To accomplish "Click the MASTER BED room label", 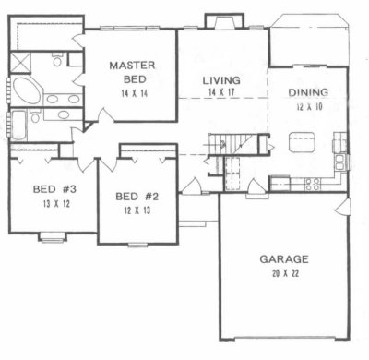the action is pyautogui.click(x=132, y=72).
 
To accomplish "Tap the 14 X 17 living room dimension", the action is pyautogui.click(x=221, y=92).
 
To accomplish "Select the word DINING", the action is pyautogui.click(x=308, y=92).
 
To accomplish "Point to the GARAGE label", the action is pyautogui.click(x=284, y=259).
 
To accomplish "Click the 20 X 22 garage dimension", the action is pyautogui.click(x=285, y=273).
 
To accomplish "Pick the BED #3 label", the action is pyautogui.click(x=54, y=189).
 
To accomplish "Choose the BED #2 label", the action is pyautogui.click(x=137, y=197).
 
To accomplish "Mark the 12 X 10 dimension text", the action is pyautogui.click(x=310, y=107).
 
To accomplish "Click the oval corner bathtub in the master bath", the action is pyautogui.click(x=27, y=90).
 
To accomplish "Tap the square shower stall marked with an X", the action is pyautogui.click(x=20, y=63).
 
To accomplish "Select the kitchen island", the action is pyautogui.click(x=302, y=142).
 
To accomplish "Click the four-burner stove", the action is pyautogui.click(x=313, y=184).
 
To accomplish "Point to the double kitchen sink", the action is pyautogui.click(x=339, y=162).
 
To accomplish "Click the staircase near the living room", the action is pyautogui.click(x=231, y=143).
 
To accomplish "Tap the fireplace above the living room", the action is pyautogui.click(x=225, y=21).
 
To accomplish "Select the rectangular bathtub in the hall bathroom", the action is pyautogui.click(x=18, y=126).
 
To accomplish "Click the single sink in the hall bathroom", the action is pyautogui.click(x=64, y=114).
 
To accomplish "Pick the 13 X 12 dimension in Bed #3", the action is pyautogui.click(x=56, y=204).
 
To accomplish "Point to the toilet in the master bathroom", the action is pyautogui.click(x=57, y=60).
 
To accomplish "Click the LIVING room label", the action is pyautogui.click(x=221, y=80).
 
